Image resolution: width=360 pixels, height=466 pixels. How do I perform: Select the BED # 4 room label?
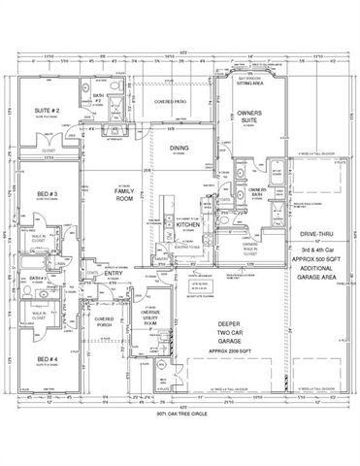(47, 360)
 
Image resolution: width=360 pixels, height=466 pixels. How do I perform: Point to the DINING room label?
(179, 149)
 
